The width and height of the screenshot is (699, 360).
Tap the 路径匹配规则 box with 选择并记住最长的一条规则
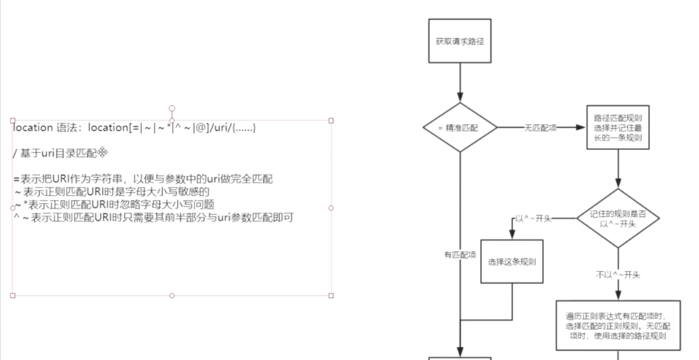coord(617,127)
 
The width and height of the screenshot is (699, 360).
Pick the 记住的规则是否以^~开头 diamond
coord(617,218)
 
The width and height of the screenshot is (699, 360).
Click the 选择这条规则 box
coord(512,261)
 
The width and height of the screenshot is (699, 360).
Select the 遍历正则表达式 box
coord(617,325)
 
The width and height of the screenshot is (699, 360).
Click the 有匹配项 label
coord(460,254)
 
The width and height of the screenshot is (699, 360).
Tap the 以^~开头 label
coord(533,219)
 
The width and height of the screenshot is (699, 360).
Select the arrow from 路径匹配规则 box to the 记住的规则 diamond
coord(617,168)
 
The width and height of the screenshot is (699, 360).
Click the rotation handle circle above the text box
coord(171,108)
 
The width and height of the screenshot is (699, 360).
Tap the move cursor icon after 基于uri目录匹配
coord(103,152)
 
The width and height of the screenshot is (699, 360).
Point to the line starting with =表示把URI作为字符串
coord(142,179)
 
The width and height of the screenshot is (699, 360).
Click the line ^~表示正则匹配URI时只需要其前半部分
coord(151,217)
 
